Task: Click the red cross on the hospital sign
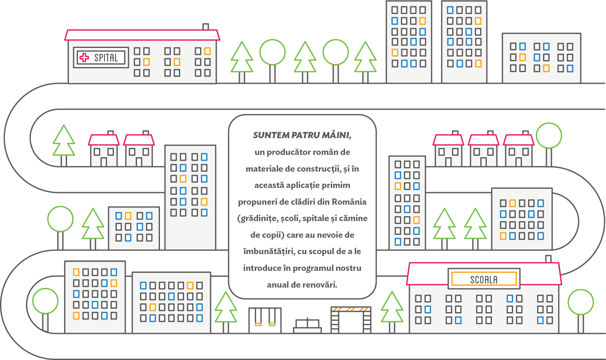(x=84, y=57)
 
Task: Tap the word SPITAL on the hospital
(x=106, y=58)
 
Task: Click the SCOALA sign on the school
(x=484, y=279)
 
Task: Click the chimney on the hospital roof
(x=206, y=26)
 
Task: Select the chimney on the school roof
(x=548, y=259)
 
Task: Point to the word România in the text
(x=349, y=202)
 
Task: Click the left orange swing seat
(x=258, y=324)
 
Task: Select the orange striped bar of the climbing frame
(x=351, y=309)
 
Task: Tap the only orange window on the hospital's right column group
(x=207, y=51)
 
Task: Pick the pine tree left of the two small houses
(x=64, y=145)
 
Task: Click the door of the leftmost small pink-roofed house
(x=104, y=162)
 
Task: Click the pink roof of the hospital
(x=142, y=35)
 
